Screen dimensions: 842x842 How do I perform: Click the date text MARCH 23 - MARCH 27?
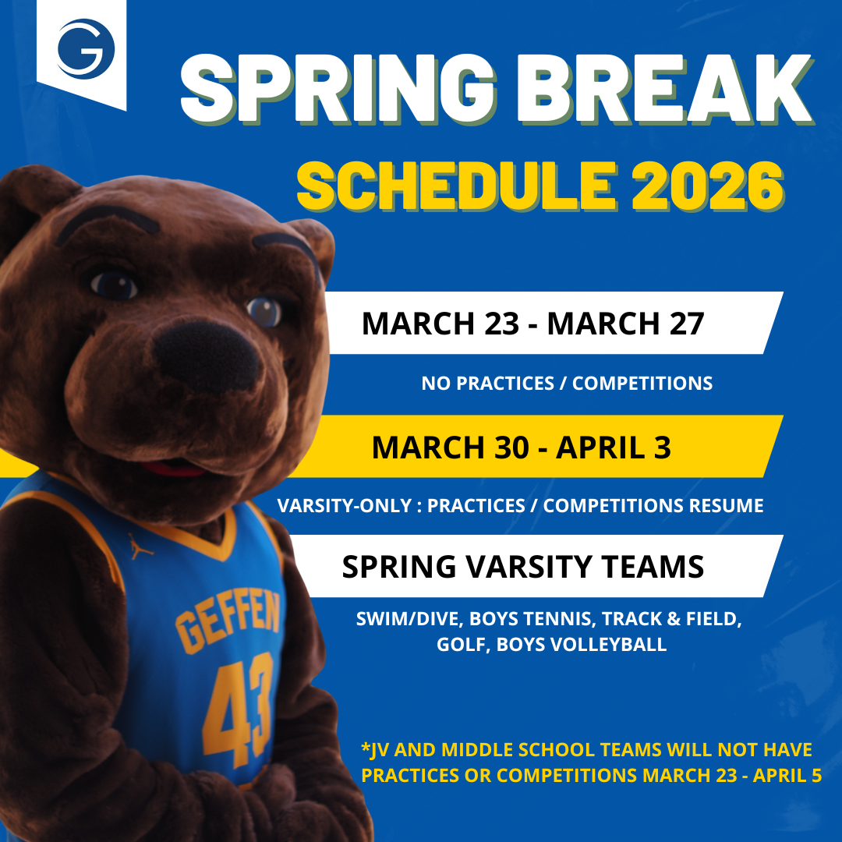click(532, 324)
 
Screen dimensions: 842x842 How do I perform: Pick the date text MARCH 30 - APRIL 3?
click(521, 447)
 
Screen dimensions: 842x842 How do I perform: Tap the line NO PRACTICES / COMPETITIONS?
click(567, 384)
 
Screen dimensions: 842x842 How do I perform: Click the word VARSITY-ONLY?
click(344, 506)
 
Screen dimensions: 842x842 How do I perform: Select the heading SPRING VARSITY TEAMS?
click(522, 567)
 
